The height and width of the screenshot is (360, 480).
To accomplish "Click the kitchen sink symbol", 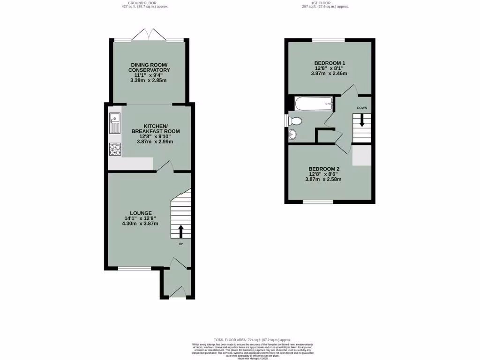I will [x=114, y=123].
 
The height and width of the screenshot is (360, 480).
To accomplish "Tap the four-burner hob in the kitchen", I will [x=114, y=149].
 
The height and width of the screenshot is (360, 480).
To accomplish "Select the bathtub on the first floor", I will [x=314, y=103].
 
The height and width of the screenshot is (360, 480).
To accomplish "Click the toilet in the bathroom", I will [x=295, y=121].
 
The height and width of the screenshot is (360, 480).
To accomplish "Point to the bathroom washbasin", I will [x=293, y=135].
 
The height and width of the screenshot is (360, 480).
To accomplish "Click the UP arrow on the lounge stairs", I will [x=180, y=231].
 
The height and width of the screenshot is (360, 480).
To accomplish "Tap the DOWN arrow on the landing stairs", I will [x=362, y=120].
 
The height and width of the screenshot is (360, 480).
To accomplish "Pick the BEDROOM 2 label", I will [x=323, y=169].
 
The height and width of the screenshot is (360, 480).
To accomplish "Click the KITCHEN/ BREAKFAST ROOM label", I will [x=155, y=128].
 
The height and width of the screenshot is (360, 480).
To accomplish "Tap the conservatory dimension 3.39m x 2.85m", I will [x=149, y=81].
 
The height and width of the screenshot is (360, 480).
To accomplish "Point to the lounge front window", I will [x=134, y=269].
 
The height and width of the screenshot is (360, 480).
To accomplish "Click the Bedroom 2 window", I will [x=317, y=202].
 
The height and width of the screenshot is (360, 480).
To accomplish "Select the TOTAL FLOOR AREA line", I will [x=253, y=339].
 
